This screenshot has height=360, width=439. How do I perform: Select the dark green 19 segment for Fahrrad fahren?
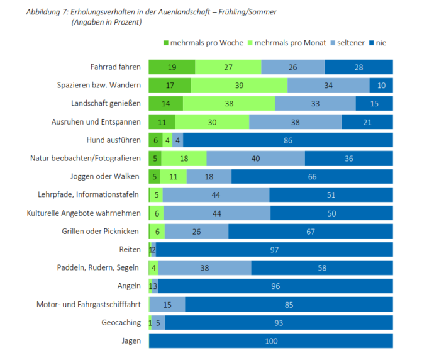[172, 67]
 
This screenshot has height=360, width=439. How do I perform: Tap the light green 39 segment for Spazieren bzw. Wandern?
[239, 86]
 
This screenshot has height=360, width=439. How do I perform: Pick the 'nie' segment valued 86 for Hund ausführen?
[287, 140]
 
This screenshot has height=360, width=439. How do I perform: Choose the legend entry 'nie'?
[380, 43]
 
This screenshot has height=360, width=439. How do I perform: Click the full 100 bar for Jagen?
[270, 341]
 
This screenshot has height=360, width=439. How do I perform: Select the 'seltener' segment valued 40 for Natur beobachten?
[255, 159]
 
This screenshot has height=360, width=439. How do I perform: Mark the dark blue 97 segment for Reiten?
[274, 250]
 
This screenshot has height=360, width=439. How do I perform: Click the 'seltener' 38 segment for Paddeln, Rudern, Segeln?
[204, 268]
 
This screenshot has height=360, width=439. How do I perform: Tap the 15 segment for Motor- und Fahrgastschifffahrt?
[167, 305]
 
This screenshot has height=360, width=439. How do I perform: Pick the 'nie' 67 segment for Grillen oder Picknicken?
[310, 232]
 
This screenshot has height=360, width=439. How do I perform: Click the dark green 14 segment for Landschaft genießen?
[165, 104]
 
